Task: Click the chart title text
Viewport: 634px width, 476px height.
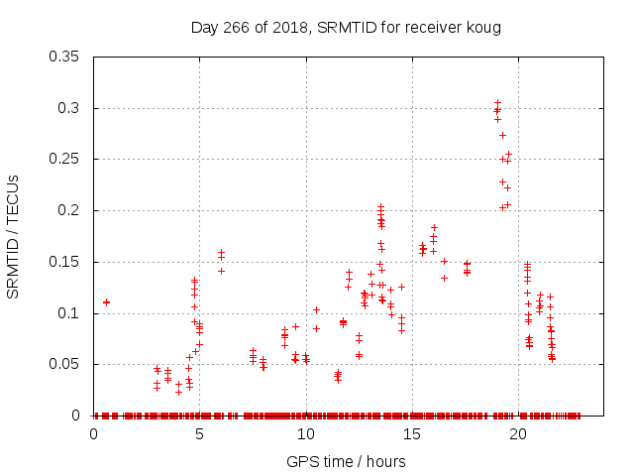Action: coord(346,27)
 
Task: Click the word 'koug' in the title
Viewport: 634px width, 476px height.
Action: coord(483,27)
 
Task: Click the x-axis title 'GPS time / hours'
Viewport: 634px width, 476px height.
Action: coord(346,461)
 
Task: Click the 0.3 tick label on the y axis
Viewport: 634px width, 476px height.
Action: coord(72,108)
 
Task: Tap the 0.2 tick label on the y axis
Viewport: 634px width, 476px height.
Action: coord(72,211)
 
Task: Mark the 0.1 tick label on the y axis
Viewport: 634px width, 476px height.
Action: coord(72,313)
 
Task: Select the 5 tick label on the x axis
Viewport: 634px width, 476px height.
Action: coord(199,433)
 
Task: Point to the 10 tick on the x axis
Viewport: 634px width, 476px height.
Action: coord(305,433)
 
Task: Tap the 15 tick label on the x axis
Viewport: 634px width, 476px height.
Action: coord(411,433)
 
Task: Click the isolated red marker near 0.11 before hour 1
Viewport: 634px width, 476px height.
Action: coord(106,302)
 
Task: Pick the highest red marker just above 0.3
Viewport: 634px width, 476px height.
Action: coord(497,102)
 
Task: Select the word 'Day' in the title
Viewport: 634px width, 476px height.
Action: coord(204,27)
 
